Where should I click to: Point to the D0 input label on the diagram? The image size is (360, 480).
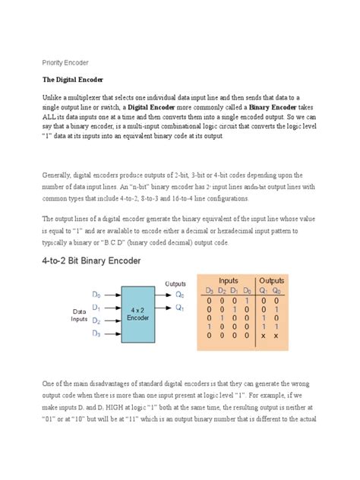[96, 293]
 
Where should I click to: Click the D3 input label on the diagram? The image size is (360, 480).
[96, 333]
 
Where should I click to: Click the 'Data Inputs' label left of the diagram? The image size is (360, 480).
[79, 316]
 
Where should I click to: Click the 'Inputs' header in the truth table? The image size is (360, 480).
[229, 279]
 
